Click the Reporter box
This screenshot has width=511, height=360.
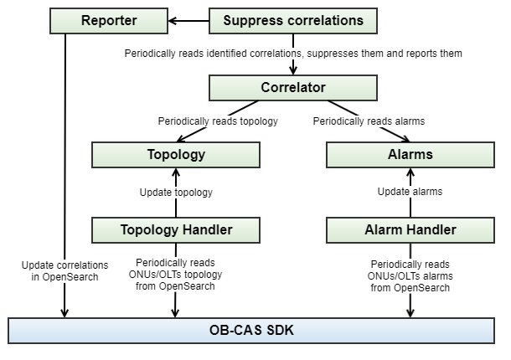coord(109,21)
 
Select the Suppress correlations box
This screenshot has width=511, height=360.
coord(293,21)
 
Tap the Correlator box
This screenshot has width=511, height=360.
coord(293,88)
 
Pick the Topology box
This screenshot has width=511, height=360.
coord(176,155)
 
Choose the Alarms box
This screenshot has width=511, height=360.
coord(410,155)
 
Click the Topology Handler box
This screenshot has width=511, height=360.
coord(176,230)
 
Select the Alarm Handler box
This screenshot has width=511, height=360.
coord(410,230)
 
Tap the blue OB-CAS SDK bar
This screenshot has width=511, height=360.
coord(251,331)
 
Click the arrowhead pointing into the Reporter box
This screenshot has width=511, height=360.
coord(173,21)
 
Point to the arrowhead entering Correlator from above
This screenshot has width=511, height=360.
coord(293,70)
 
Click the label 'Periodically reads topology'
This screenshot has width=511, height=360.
coord(218,121)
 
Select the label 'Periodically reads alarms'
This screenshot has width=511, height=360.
coord(369,121)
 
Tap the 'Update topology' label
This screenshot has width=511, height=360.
coord(176,193)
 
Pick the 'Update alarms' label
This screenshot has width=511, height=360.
coord(410,191)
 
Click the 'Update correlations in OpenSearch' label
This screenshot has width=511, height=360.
coord(65,271)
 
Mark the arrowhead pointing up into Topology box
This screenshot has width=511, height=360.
coord(176,172)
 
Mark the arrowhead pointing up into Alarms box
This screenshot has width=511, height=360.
coord(410,172)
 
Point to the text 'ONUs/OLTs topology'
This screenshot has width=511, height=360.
coord(175,275)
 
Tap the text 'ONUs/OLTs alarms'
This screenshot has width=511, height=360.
coord(410,276)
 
